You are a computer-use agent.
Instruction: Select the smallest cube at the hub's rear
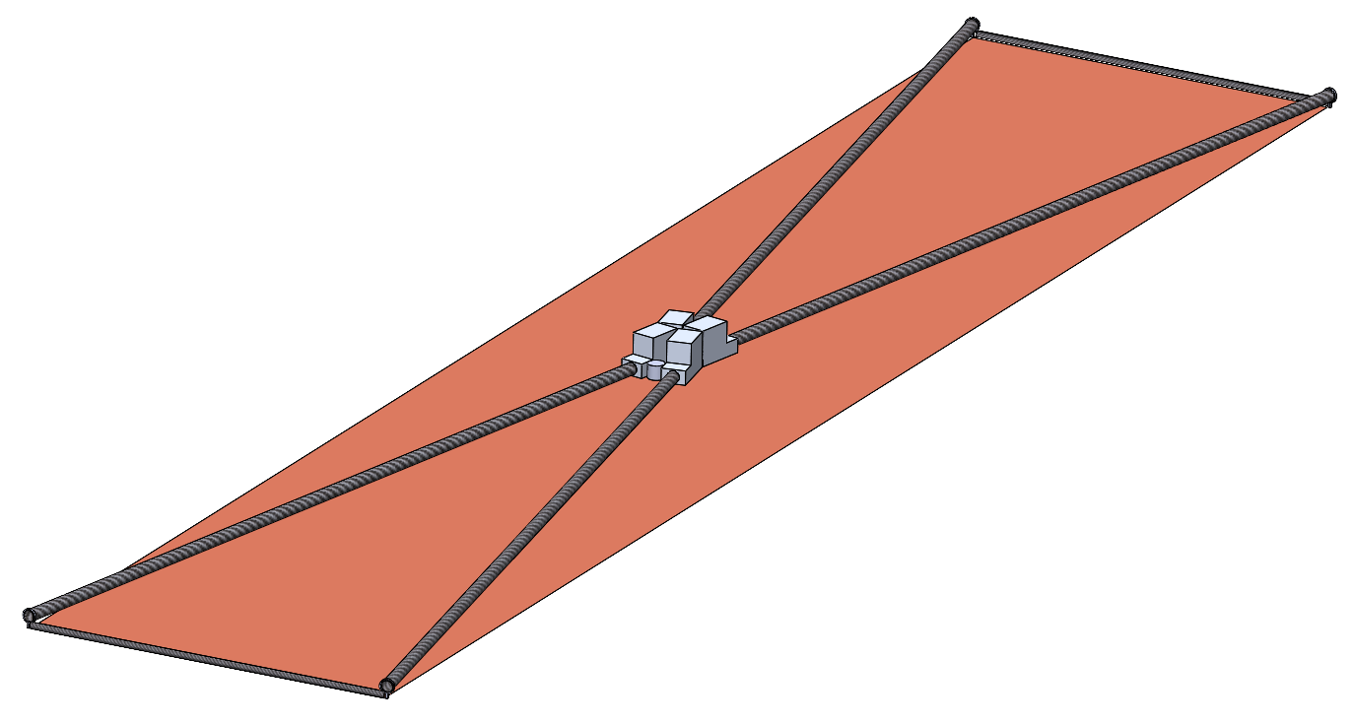point(676,318)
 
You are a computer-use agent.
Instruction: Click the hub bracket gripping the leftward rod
point(631,365)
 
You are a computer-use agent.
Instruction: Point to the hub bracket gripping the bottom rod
point(676,375)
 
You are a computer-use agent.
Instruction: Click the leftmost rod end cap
point(30,616)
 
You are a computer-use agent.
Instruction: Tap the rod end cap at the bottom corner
point(387,685)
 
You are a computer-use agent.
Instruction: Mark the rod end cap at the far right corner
point(1327,96)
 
